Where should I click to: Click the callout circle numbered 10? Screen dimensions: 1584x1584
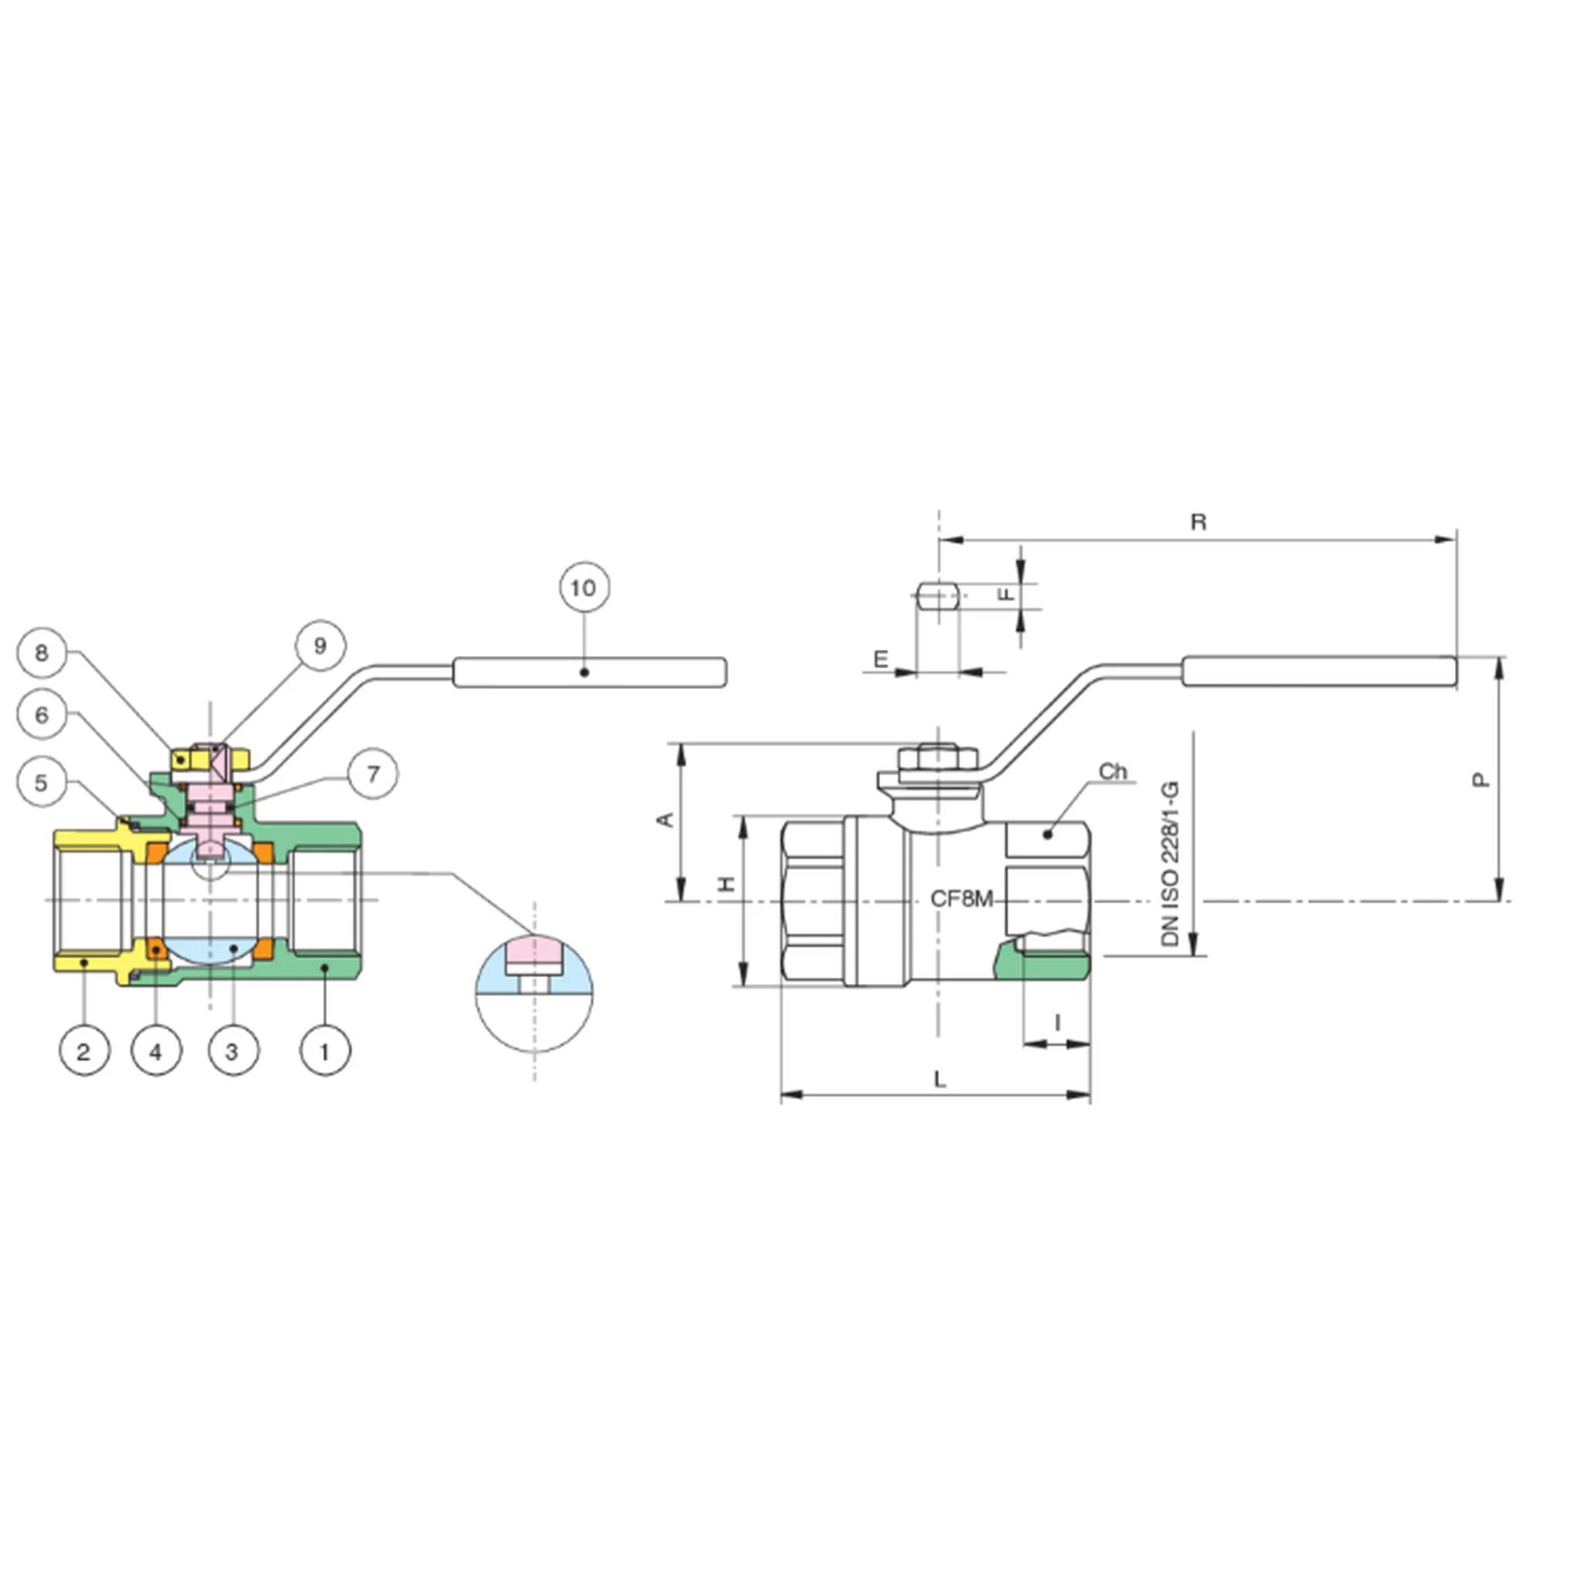click(x=584, y=588)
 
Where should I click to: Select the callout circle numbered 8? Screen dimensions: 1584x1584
click(x=42, y=653)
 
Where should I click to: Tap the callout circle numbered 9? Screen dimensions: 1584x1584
click(x=319, y=645)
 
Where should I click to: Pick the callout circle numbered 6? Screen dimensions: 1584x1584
click(x=42, y=715)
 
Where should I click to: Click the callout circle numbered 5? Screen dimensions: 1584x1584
click(x=42, y=782)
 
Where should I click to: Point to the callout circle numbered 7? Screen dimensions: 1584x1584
click(x=373, y=773)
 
